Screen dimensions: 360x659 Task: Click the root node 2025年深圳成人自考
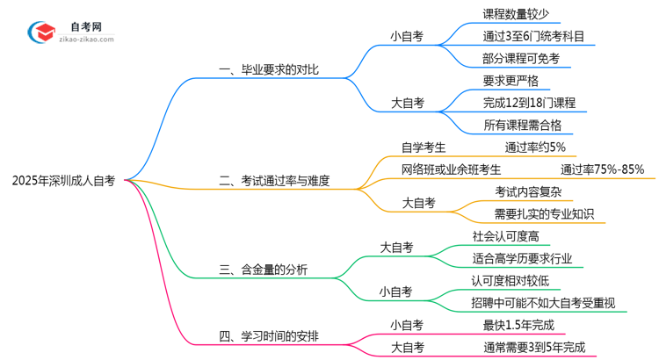tap(63, 182)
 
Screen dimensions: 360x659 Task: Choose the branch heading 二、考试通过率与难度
tap(274, 182)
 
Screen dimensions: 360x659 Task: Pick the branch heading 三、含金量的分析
tap(263, 269)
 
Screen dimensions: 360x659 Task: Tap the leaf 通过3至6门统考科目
tap(533, 36)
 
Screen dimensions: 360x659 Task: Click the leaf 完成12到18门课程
tap(529, 103)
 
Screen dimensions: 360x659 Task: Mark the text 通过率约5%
tap(535, 147)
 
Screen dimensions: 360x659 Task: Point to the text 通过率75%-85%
tap(602, 169)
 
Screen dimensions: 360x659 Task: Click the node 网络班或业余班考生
tap(452, 169)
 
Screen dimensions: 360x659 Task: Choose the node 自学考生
tap(424, 147)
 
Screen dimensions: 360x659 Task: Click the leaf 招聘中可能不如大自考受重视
tap(543, 303)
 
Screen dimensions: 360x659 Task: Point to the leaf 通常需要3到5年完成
tap(533, 347)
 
